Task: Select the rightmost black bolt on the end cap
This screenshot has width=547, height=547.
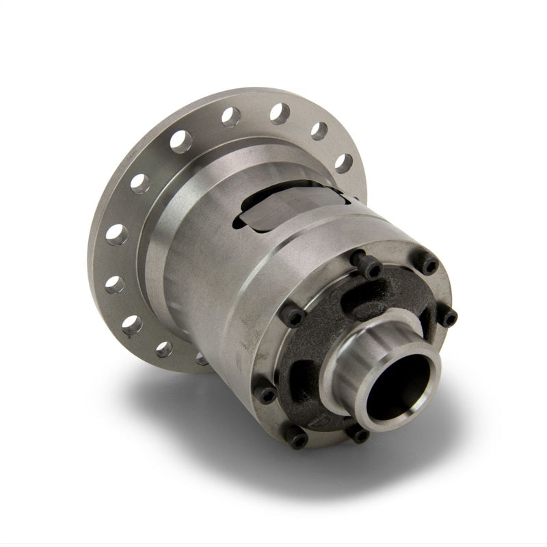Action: pos(447,316)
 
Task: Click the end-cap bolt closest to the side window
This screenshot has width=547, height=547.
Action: pos(369,268)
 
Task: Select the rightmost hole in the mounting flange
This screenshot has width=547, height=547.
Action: pos(344,162)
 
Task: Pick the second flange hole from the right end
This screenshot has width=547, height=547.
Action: pos(319,130)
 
